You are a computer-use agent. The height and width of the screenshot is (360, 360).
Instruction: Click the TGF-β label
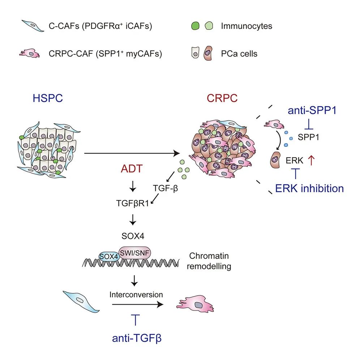coord(164,188)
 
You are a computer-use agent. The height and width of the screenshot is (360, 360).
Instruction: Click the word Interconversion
coord(136,295)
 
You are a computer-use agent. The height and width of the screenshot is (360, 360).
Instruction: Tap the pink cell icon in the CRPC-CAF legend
coord(30,54)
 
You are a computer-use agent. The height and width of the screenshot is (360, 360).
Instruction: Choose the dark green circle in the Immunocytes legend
coord(196,26)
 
